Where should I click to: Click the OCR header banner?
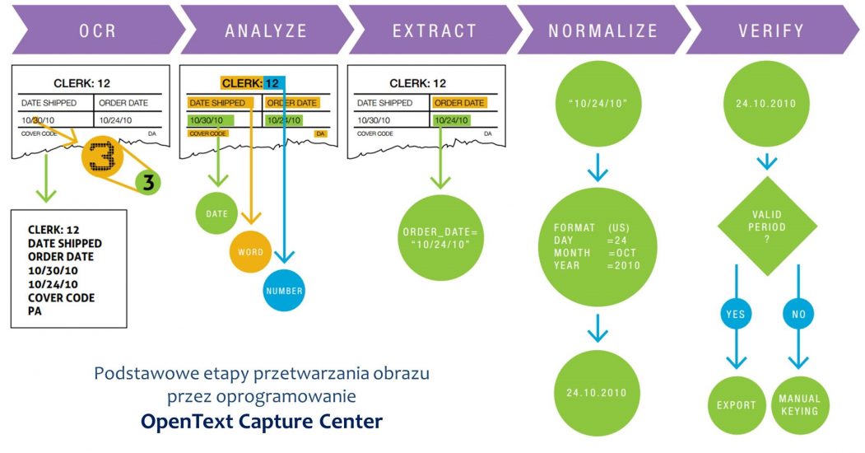point(91,30)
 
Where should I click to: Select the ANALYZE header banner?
point(265,30)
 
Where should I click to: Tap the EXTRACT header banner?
point(434,30)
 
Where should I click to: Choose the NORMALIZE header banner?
point(602,30)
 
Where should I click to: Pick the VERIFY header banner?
point(770,30)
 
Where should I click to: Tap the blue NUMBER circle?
point(285,290)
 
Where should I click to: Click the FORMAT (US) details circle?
point(598,245)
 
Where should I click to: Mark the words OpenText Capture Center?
point(261,422)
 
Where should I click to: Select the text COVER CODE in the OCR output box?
point(61,297)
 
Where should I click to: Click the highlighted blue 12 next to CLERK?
point(273,82)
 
